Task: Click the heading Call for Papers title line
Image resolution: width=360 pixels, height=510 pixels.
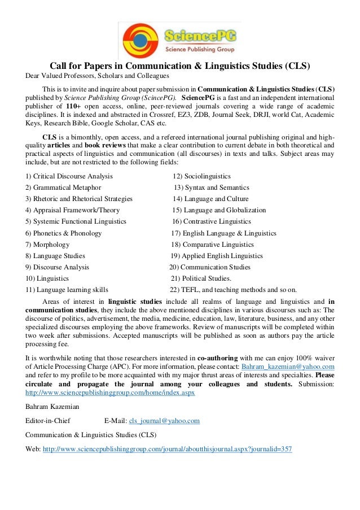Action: coord(181,65)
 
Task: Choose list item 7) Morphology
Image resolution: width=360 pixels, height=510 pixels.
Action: coord(47,245)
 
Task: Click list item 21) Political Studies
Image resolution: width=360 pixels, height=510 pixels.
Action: coord(201,278)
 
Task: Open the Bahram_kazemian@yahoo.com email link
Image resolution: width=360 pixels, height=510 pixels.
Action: coord(288,367)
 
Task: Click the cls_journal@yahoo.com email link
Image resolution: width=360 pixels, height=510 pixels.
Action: coord(164,421)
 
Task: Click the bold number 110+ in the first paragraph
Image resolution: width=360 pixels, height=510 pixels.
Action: coord(73,106)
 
